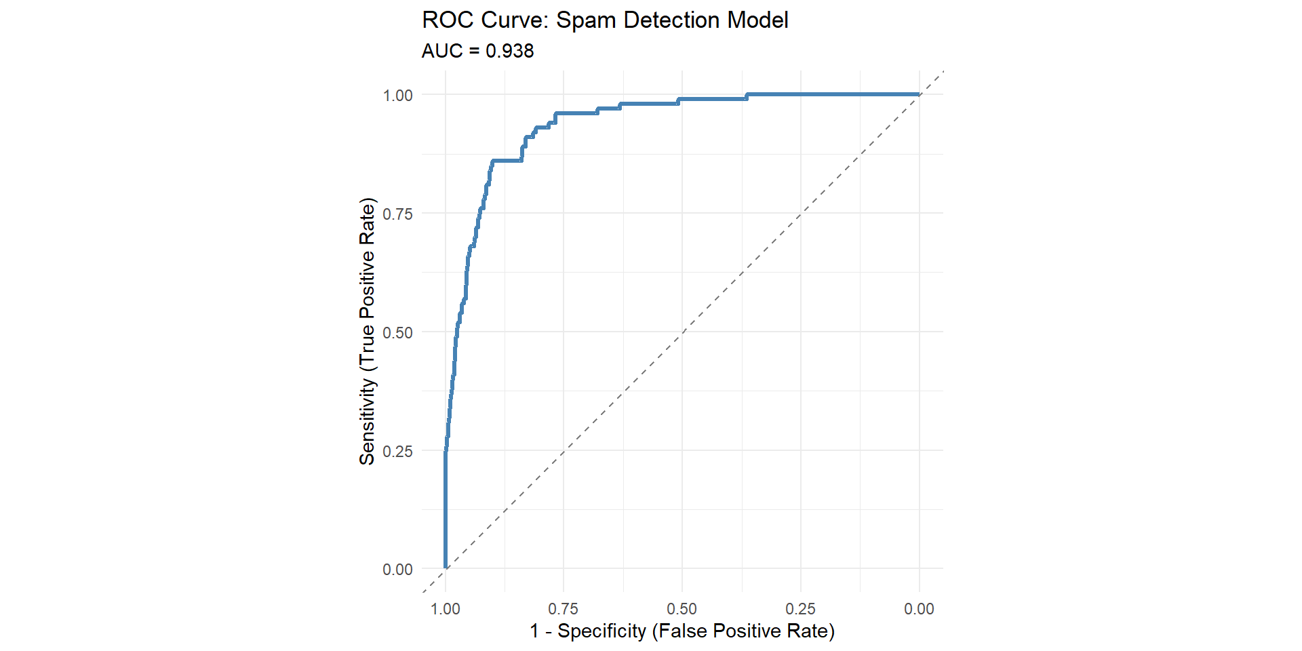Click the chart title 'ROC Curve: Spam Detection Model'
pyautogui.click(x=605, y=20)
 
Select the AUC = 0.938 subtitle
pyautogui.click(x=477, y=51)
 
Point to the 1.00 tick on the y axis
pyautogui.click(x=397, y=96)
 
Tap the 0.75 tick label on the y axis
pyautogui.click(x=397, y=214)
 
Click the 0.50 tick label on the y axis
pyautogui.click(x=397, y=333)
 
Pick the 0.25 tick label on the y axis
pyautogui.click(x=397, y=452)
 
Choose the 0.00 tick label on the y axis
pyautogui.click(x=397, y=570)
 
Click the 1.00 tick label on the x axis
pyautogui.click(x=446, y=609)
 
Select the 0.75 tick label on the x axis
pyautogui.click(x=564, y=609)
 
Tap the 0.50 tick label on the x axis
pyautogui.click(x=682, y=609)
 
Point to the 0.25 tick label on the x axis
pyautogui.click(x=801, y=609)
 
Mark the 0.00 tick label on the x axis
pyautogui.click(x=919, y=609)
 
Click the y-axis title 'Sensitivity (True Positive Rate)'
pyautogui.click(x=367, y=331)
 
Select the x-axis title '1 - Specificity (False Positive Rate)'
pyautogui.click(x=682, y=631)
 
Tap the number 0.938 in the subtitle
pyautogui.click(x=510, y=51)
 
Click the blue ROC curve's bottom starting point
pyautogui.click(x=446, y=568)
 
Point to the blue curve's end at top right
pyautogui.click(x=918, y=94)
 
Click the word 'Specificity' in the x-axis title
pyautogui.click(x=601, y=631)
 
